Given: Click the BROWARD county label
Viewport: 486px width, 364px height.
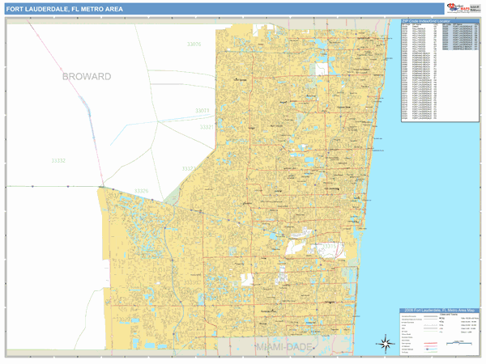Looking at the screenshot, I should click(x=86, y=76).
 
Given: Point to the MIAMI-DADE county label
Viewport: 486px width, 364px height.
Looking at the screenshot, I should click(x=283, y=345).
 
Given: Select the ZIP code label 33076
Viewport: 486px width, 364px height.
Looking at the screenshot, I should click(x=194, y=44).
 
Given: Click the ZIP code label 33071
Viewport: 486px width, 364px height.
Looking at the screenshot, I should click(x=202, y=110).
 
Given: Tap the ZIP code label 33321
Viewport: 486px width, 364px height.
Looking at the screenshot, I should click(x=207, y=127).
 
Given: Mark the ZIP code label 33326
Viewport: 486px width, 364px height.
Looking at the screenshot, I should click(x=142, y=191).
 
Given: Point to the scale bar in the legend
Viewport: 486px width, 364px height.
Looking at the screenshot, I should click(x=458, y=343).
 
